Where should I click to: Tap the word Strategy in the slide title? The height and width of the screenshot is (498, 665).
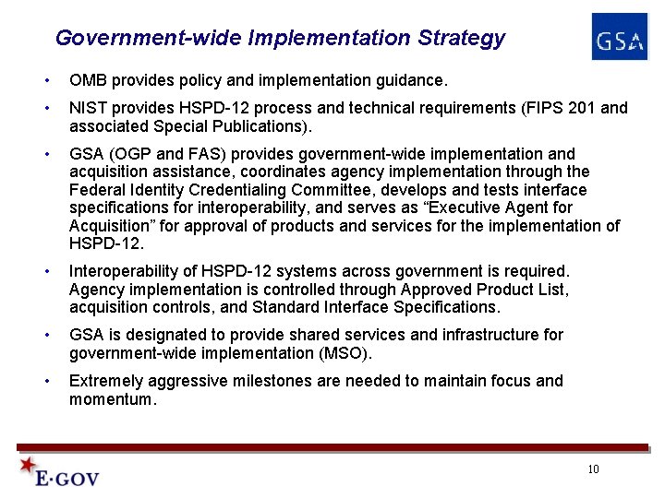click(x=462, y=39)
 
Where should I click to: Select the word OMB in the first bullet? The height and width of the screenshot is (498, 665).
click(x=87, y=80)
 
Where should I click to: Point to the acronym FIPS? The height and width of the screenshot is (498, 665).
click(x=527, y=108)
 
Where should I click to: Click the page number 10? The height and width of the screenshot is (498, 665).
click(x=593, y=469)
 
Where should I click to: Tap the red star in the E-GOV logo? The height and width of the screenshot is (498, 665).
click(x=29, y=465)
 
